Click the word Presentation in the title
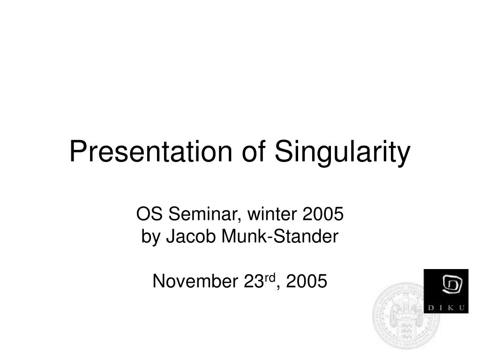(x=150, y=151)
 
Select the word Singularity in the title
(x=342, y=152)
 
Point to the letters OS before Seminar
(x=150, y=214)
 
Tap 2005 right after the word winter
(x=323, y=214)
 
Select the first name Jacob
(x=191, y=236)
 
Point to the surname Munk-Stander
(x=280, y=236)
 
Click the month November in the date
(x=195, y=281)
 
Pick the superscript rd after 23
(x=270, y=277)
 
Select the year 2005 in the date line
(x=307, y=281)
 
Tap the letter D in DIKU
(x=431, y=307)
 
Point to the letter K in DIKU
(x=450, y=307)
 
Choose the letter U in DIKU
(x=462, y=307)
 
